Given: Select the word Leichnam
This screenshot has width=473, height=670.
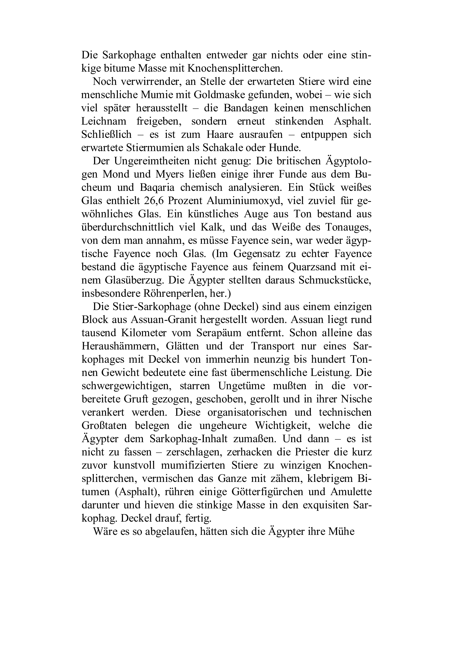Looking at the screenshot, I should point(104,121).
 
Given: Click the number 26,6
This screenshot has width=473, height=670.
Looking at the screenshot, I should point(156,201).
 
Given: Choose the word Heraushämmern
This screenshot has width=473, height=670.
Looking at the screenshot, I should point(120,346).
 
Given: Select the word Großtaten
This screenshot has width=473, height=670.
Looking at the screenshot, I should point(104,426).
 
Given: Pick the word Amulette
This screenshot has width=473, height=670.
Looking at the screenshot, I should point(351,492).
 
